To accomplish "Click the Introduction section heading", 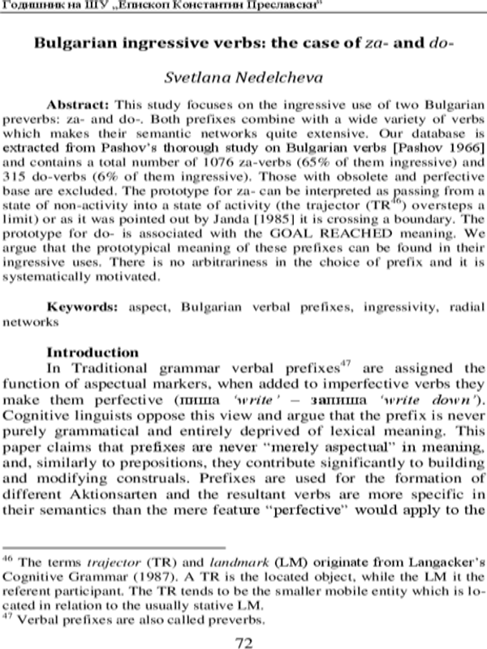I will [x=93, y=354].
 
